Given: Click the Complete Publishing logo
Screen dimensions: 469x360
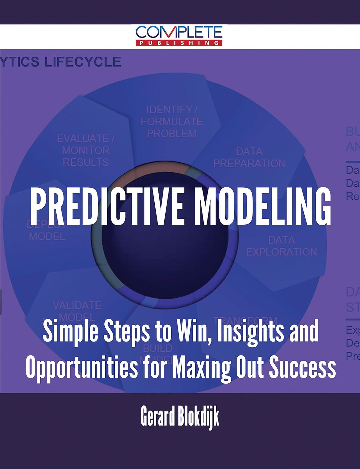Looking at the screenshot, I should coord(179,36).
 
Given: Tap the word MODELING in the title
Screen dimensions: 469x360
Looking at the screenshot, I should coord(262,206).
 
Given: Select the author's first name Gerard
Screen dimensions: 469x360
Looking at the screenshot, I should coord(158,416).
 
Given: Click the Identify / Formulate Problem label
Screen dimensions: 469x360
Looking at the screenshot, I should coord(172,122).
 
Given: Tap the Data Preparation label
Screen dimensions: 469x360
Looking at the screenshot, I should coord(249,157).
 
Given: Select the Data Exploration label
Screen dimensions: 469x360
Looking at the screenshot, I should coord(281,246).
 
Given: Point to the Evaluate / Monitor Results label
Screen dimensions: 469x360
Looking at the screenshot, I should coord(86,150).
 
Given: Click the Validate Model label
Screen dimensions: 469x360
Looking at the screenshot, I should coord(77,311).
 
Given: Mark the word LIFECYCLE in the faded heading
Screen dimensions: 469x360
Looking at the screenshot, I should coord(82,62).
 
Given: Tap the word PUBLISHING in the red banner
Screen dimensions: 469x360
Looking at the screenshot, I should coord(179,43).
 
